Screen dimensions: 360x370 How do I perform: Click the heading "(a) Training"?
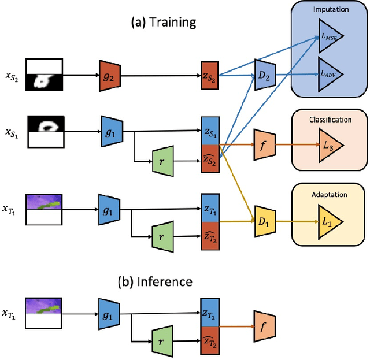[164, 23]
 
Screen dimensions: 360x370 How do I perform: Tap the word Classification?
[330, 120]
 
